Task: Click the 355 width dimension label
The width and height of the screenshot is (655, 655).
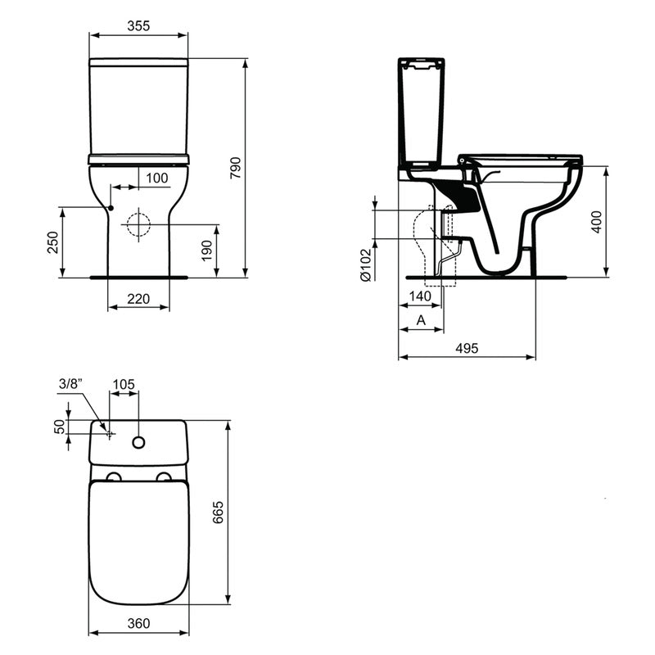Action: pos(138,25)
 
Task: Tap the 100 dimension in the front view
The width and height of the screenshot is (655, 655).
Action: pos(156,178)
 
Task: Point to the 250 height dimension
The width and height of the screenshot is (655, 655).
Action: pos(52,242)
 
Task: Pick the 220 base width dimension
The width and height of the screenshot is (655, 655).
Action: pos(138,300)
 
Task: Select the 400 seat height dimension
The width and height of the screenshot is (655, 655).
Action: pos(597,222)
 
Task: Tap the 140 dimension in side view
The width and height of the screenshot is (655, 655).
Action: pos(421,296)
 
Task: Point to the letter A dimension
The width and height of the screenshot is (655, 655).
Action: pos(421,320)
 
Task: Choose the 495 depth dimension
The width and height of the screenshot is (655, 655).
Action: pos(466,348)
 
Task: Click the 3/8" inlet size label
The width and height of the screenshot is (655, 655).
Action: pos(70,384)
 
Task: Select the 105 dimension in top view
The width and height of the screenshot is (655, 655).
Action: pos(124,384)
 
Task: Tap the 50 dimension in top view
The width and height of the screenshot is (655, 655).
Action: pos(59,427)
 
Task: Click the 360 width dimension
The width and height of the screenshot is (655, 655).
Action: pos(138,623)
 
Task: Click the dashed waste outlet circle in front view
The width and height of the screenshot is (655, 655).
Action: pos(138,224)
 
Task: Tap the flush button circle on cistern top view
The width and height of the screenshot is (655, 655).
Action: pos(138,443)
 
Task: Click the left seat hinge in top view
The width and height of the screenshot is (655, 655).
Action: pos(114,477)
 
